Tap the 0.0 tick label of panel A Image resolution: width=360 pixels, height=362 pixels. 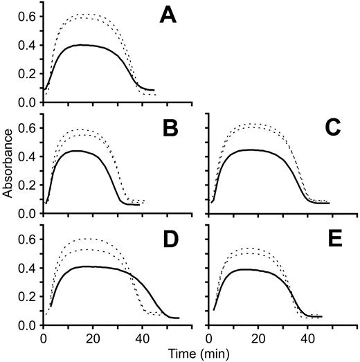(28, 102)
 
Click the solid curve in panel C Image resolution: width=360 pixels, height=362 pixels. (263, 150)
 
